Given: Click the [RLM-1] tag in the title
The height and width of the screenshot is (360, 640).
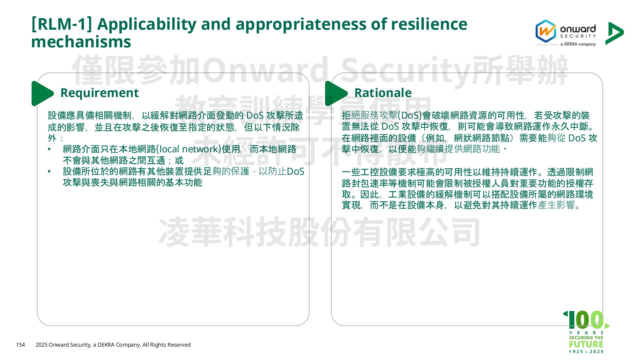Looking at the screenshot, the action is pyautogui.click(x=62, y=24).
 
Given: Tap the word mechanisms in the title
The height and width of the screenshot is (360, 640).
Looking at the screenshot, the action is pyautogui.click(x=81, y=42).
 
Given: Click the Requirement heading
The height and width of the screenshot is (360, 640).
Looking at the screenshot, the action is pyautogui.click(x=99, y=93).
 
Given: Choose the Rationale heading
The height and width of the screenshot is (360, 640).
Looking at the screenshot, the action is pyautogui.click(x=383, y=93).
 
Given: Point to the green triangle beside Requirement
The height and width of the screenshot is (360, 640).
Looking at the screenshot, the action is pyautogui.click(x=42, y=93).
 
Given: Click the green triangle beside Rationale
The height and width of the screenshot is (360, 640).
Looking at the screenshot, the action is pyautogui.click(x=336, y=93).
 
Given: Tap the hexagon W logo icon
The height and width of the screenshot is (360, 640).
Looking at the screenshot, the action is pyautogui.click(x=546, y=31).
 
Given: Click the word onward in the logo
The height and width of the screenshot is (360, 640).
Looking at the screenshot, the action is pyautogui.click(x=578, y=29).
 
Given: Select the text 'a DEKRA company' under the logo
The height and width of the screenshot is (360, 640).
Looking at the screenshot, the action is pyautogui.click(x=578, y=44).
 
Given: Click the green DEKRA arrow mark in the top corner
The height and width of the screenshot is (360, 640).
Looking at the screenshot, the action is pyautogui.click(x=614, y=33).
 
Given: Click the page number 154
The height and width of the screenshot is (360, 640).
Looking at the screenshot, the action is pyautogui.click(x=20, y=345).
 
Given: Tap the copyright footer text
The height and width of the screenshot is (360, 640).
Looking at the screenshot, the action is pyautogui.click(x=113, y=345).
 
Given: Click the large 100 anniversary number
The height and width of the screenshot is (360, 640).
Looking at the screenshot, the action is pyautogui.click(x=586, y=320).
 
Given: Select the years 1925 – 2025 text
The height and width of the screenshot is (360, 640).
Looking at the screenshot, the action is pyautogui.click(x=586, y=352).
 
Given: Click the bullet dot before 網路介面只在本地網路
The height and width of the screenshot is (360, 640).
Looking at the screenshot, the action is pyautogui.click(x=49, y=149).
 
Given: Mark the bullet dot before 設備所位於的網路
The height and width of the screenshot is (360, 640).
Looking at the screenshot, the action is pyautogui.click(x=49, y=172).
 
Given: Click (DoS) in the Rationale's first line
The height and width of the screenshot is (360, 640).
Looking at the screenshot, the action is pyautogui.click(x=410, y=115).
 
